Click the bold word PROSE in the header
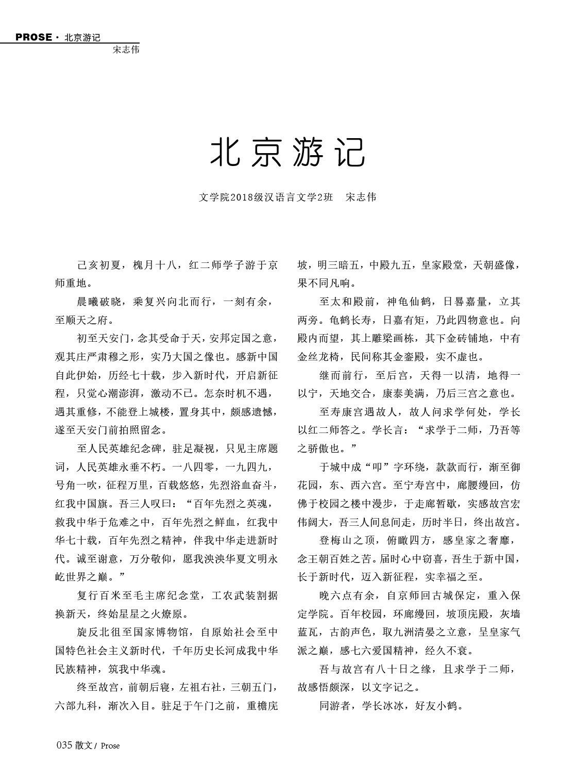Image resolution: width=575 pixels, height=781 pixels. pos(34,37)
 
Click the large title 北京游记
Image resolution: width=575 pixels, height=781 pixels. pos(287,152)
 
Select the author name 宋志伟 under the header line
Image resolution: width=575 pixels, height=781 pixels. pos(126,50)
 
